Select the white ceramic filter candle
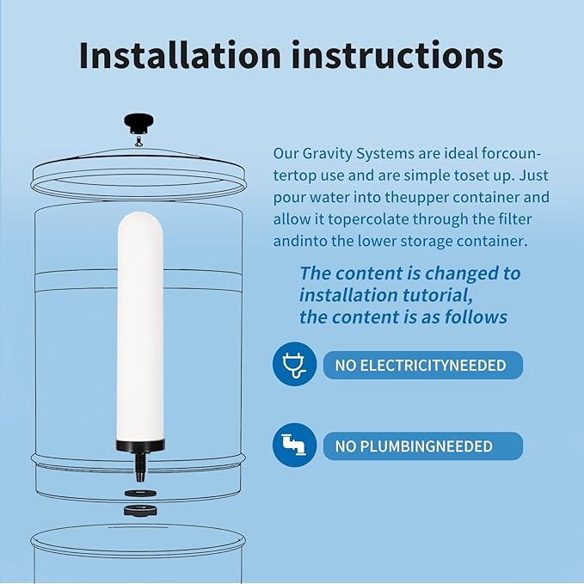pyautogui.click(x=139, y=327)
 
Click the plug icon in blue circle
pyautogui.click(x=294, y=366)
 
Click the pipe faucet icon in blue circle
pyautogui.click(x=294, y=446)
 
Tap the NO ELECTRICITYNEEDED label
pyautogui.click(x=421, y=366)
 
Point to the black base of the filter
pyautogui.click(x=139, y=447)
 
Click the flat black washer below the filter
pyautogui.click(x=138, y=493)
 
